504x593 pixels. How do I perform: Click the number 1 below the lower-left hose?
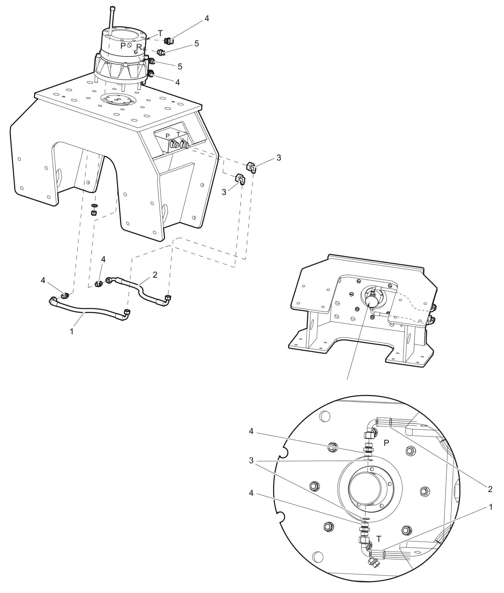(x=72, y=332)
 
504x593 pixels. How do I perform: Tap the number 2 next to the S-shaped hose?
(x=155, y=275)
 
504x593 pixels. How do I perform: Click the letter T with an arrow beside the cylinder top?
(x=160, y=33)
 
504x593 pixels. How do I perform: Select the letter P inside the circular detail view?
(x=386, y=443)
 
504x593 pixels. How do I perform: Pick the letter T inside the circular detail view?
(x=378, y=539)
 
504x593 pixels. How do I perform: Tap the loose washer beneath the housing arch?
(x=94, y=206)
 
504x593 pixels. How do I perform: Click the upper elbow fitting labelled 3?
(x=251, y=167)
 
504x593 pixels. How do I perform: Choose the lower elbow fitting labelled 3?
(x=240, y=179)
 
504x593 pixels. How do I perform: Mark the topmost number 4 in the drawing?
(x=206, y=18)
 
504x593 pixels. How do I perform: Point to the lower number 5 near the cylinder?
(x=180, y=67)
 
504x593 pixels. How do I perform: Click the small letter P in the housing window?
(x=168, y=136)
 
